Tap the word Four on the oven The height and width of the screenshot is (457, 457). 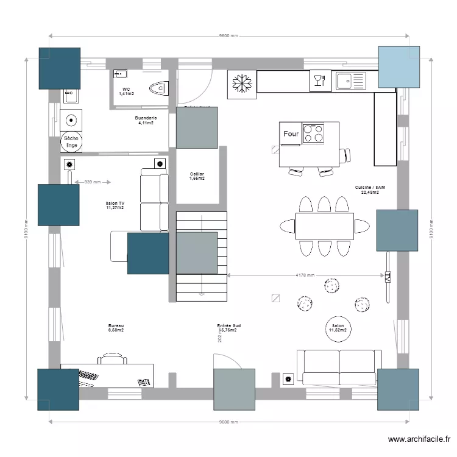(291, 133)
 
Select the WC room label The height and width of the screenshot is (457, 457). (126, 90)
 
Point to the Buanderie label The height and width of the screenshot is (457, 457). (145, 118)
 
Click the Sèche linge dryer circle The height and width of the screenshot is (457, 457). (71, 142)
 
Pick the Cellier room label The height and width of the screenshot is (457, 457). (196, 174)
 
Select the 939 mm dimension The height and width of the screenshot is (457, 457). (92, 182)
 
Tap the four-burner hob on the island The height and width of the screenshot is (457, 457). (314, 133)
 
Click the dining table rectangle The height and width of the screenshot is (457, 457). (324, 226)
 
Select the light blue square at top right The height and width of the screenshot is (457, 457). (399, 66)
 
